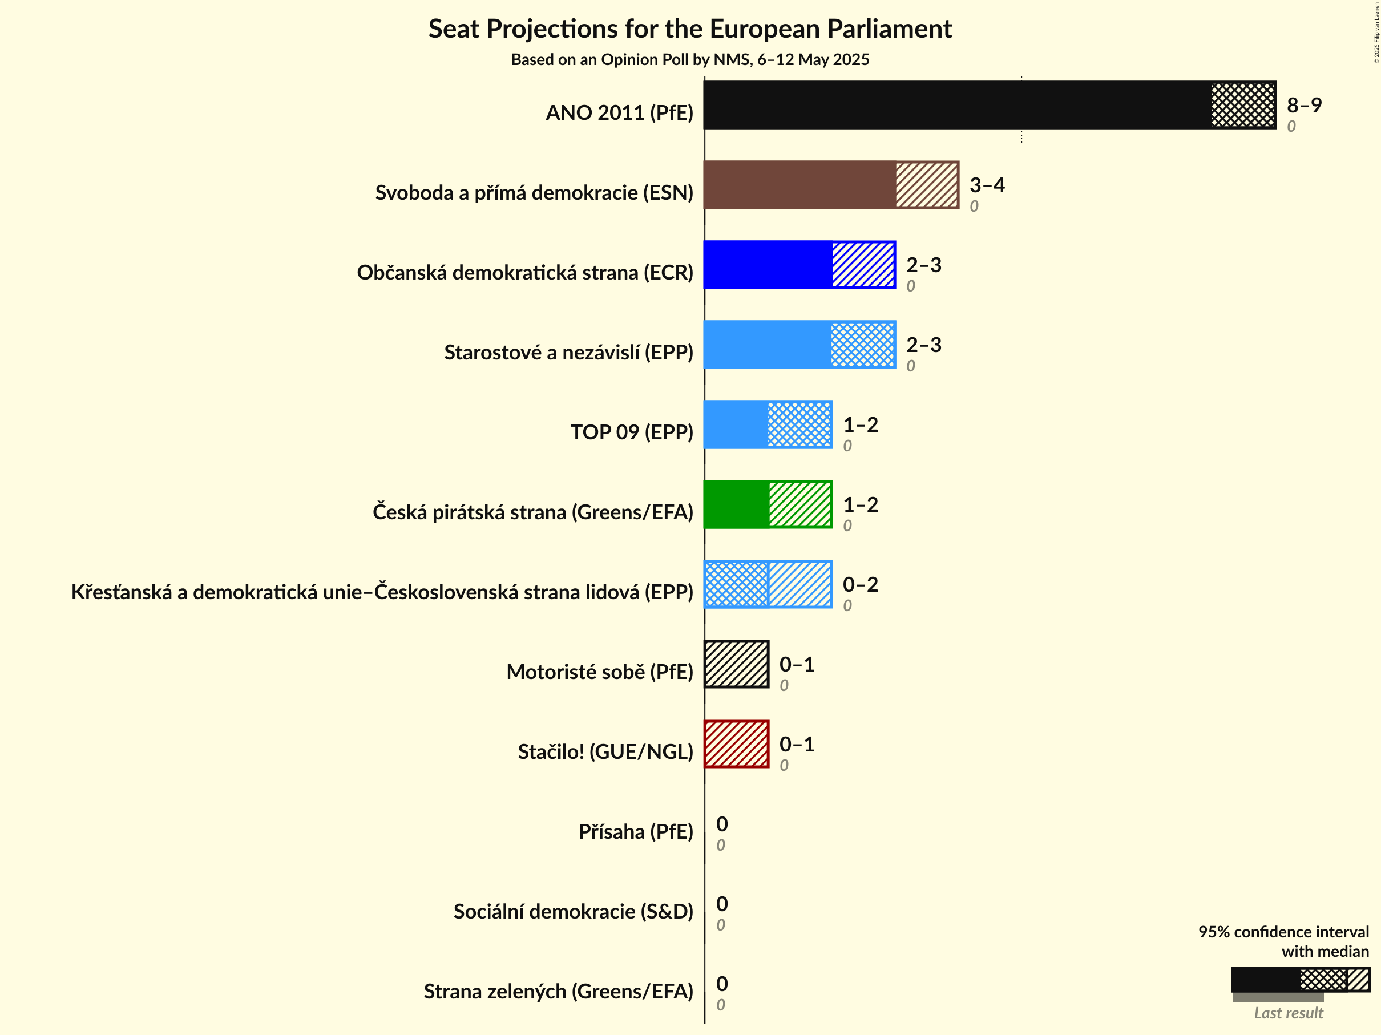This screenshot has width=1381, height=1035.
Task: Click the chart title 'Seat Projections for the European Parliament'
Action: coord(690,29)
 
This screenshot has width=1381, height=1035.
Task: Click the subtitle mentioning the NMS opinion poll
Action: coord(690,60)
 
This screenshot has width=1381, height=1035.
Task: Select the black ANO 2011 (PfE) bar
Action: coord(955,105)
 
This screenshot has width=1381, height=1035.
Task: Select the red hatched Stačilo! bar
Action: coord(737,744)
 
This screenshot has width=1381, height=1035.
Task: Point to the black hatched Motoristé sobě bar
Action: coord(737,664)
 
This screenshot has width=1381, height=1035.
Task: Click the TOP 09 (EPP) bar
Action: coord(768,424)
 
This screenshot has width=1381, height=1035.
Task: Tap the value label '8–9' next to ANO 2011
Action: coord(1304,105)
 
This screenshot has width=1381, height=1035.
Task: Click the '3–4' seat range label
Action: coord(987,185)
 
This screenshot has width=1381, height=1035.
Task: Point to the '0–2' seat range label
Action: coord(861,584)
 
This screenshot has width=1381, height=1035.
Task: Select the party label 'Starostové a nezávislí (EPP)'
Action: coord(568,353)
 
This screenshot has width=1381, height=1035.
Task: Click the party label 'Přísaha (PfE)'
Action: coord(636,832)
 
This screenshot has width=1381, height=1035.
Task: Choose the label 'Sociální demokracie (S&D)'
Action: coord(573,912)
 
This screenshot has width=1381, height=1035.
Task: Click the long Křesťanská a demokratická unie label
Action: coord(382,592)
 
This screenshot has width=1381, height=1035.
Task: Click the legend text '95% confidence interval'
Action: coord(1283,932)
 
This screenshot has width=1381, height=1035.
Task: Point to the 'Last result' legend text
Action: coord(1289,1013)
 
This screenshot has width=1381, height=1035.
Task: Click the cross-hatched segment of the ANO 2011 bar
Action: coord(1243,105)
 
